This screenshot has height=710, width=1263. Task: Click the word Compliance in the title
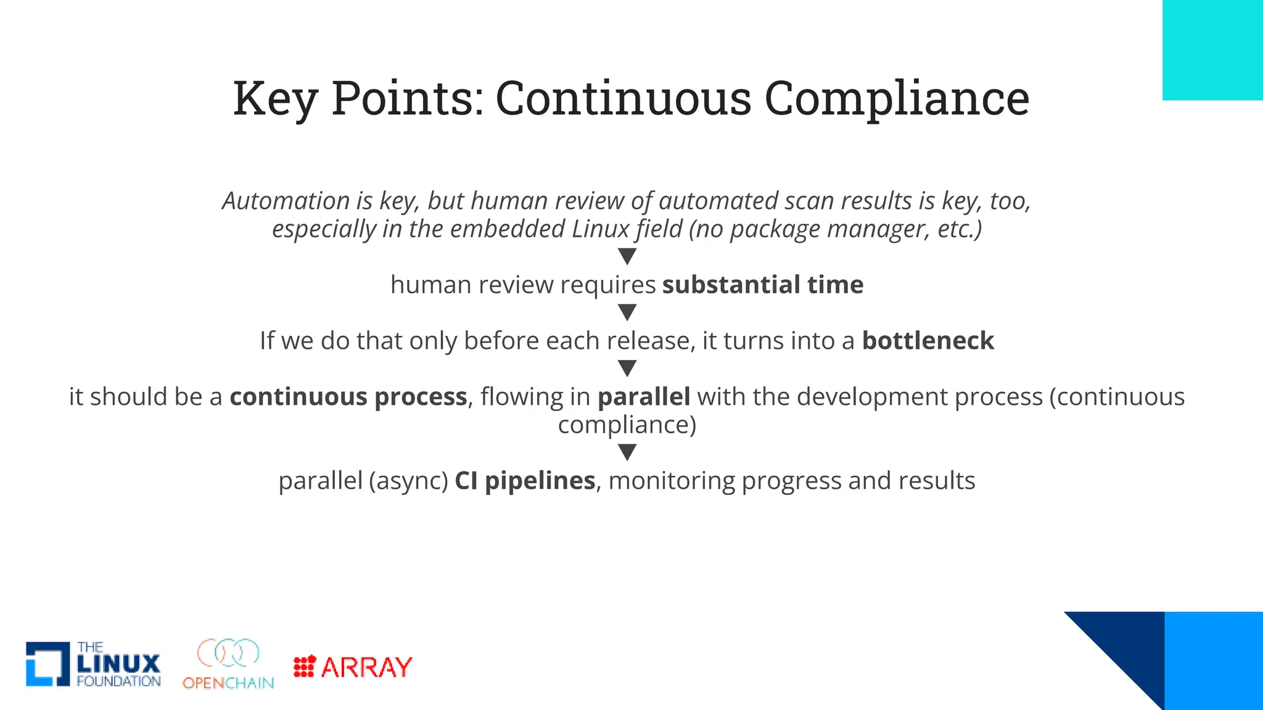897,99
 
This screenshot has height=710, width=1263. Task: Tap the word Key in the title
275,99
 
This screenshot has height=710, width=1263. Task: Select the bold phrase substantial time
763,285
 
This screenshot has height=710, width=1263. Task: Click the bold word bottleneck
928,341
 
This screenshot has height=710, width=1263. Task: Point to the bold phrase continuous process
348,397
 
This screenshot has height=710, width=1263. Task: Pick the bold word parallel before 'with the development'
644,397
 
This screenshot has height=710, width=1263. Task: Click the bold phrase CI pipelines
525,481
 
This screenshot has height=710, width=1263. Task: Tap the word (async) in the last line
408,481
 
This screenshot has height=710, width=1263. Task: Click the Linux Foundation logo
93,664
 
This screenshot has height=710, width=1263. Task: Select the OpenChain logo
228,664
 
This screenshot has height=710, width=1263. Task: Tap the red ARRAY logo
353,667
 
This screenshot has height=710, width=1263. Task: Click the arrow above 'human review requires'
627,256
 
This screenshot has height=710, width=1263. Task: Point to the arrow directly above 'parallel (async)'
627,452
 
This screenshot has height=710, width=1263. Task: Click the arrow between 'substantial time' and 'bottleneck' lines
627,312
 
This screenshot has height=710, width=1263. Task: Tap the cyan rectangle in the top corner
1212,49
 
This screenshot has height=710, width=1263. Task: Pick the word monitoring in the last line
672,481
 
